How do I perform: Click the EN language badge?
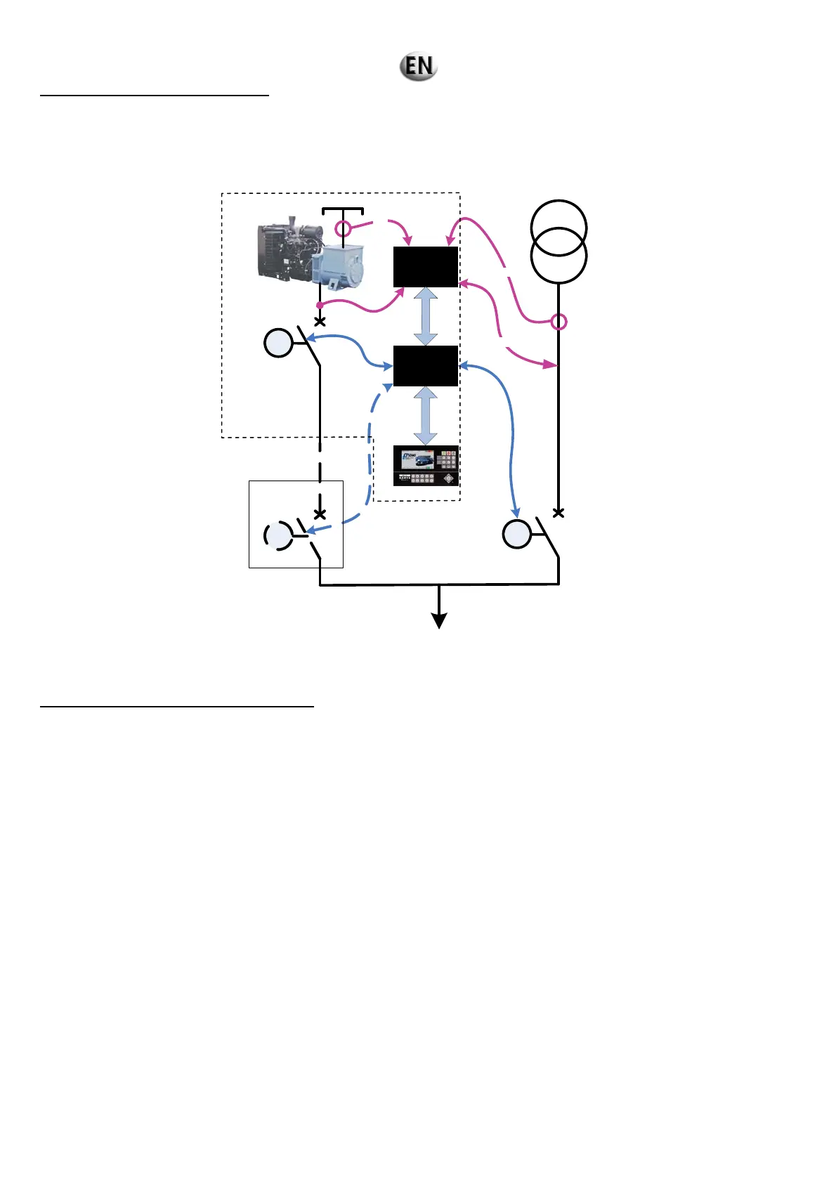point(419,66)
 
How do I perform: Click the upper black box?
point(426,267)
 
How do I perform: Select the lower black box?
point(426,366)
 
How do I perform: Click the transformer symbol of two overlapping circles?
point(559,241)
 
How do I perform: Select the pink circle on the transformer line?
point(559,322)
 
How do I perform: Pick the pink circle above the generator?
point(342,228)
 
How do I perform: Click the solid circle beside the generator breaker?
point(278,344)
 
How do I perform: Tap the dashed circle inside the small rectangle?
point(278,535)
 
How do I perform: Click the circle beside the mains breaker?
point(517,535)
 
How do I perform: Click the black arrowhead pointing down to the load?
point(439,621)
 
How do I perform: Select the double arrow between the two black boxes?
point(426,316)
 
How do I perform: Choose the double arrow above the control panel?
point(426,416)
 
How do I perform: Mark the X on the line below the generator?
point(320,322)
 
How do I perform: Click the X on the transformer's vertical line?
point(559,513)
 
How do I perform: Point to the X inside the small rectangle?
point(320,514)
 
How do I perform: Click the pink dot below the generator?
point(320,305)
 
